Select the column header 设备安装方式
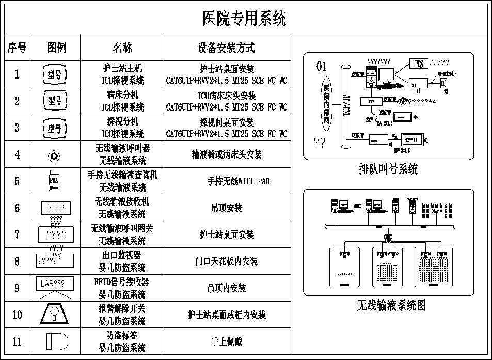click(226, 48)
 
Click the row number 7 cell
click(17, 234)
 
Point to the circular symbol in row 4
click(55, 155)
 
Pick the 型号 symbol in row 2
click(54, 101)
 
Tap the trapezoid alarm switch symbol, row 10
click(54, 314)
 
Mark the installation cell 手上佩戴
click(226, 341)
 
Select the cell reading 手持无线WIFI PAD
click(238, 181)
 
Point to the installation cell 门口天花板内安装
click(227, 261)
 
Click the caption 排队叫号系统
click(388, 169)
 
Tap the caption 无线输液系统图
click(391, 305)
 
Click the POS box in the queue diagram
click(418, 63)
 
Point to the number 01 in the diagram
click(322, 66)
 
